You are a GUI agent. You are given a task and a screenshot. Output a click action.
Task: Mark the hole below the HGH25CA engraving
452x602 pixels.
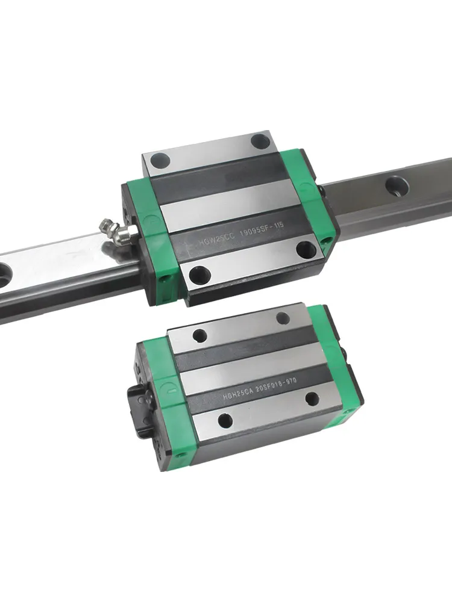point(225,420)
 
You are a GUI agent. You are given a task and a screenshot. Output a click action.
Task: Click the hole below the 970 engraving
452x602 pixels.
point(311,399)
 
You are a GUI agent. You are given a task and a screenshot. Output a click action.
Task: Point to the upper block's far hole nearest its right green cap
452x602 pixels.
point(260,141)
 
